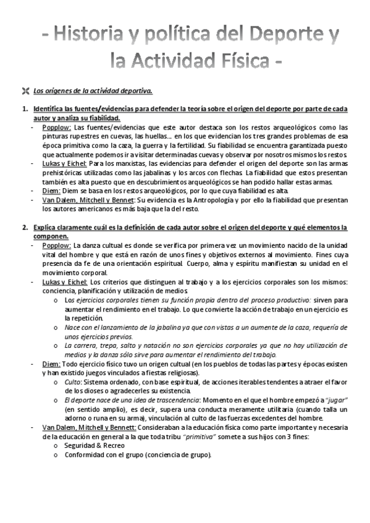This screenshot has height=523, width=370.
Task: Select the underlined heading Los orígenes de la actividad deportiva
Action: point(93,91)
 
